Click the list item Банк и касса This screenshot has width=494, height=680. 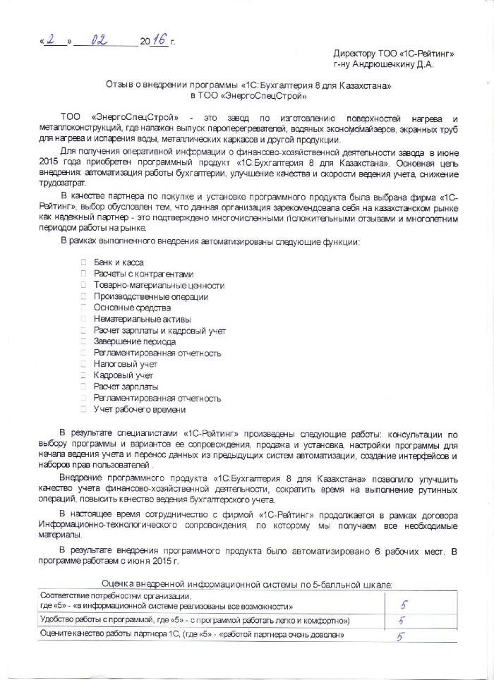point(118,262)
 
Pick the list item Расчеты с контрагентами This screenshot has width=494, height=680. point(143,274)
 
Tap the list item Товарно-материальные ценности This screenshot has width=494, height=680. point(159,285)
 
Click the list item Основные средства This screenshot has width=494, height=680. point(132,308)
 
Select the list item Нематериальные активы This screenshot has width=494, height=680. point(137,319)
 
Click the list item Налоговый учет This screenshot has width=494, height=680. point(123,364)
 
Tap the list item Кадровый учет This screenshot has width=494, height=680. point(123,375)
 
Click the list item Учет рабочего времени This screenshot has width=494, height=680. point(139,409)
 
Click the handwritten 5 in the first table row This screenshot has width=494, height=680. point(404,604)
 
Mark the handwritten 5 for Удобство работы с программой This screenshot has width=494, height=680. point(401,621)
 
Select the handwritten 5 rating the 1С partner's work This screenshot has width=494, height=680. point(400,636)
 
